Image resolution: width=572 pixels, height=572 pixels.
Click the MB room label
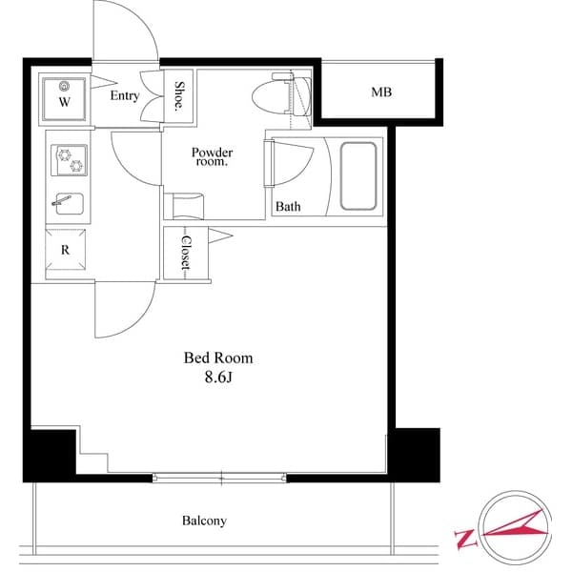pos(381,92)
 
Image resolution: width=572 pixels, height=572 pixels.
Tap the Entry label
pos(125,95)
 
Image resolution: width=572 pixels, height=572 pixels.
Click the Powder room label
pos(212,156)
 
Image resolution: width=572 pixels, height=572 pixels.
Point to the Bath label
pos(288,206)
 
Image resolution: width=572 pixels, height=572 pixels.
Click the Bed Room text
pos(218,358)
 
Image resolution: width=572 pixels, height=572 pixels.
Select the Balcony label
pos(204,521)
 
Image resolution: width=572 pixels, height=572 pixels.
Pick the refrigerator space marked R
pos(65,251)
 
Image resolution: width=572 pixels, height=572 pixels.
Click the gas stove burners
pos(69,162)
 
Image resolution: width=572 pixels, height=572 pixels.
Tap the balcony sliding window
pos(220,477)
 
